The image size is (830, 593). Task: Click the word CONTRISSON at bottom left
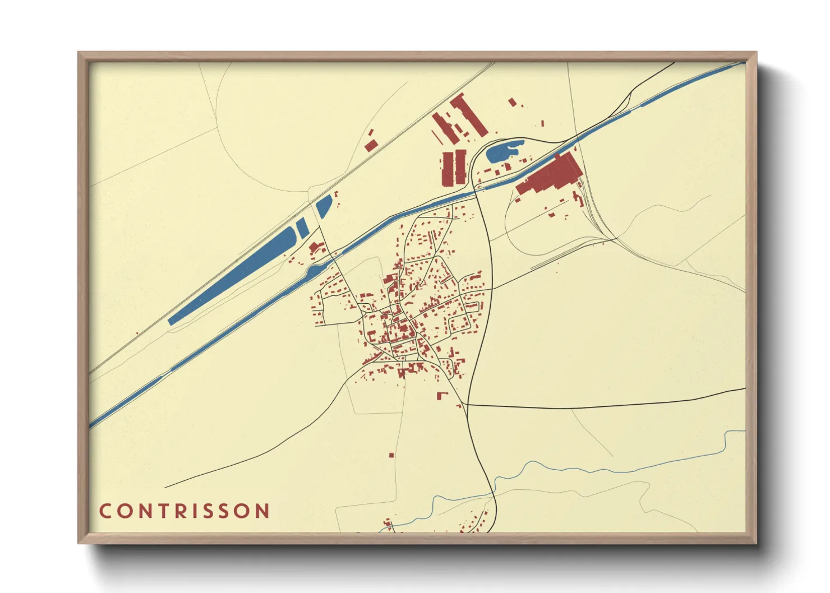pos(185,511)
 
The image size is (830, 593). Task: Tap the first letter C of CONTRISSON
pos(105,511)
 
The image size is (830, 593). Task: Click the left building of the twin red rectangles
pos(447,168)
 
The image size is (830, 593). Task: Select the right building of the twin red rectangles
pos(460,167)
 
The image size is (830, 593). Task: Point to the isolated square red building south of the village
pos(391,455)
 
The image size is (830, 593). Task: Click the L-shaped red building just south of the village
pos(442,396)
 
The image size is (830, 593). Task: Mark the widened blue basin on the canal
pos(315,272)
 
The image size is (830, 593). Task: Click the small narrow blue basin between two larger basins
pos(302,226)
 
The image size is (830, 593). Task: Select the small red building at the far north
pos(512,101)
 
